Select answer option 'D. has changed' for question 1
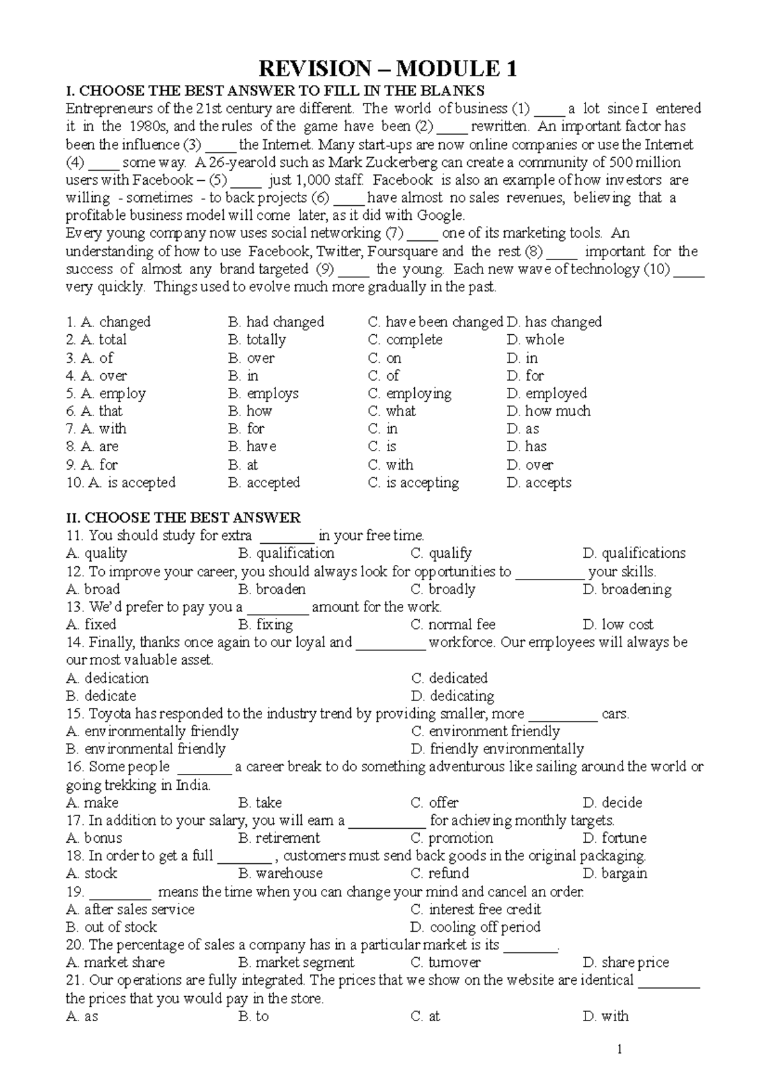pyautogui.click(x=554, y=322)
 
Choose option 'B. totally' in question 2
pyautogui.click(x=257, y=340)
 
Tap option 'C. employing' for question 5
pyautogui.click(x=410, y=394)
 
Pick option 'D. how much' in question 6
pyautogui.click(x=548, y=412)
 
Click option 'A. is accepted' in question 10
pyautogui.click(x=121, y=483)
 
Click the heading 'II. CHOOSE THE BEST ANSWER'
pyautogui.click(x=183, y=518)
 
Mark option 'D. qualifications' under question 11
pyautogui.click(x=634, y=553)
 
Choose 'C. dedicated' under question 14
pyautogui.click(x=449, y=678)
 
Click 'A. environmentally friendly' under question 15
pyautogui.click(x=152, y=732)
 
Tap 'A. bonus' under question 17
pyautogui.click(x=94, y=838)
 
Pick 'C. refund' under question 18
pyautogui.click(x=440, y=873)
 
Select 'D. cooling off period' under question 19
pyautogui.click(x=476, y=927)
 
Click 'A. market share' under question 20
pyautogui.click(x=115, y=962)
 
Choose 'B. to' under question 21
pyautogui.click(x=254, y=1016)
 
